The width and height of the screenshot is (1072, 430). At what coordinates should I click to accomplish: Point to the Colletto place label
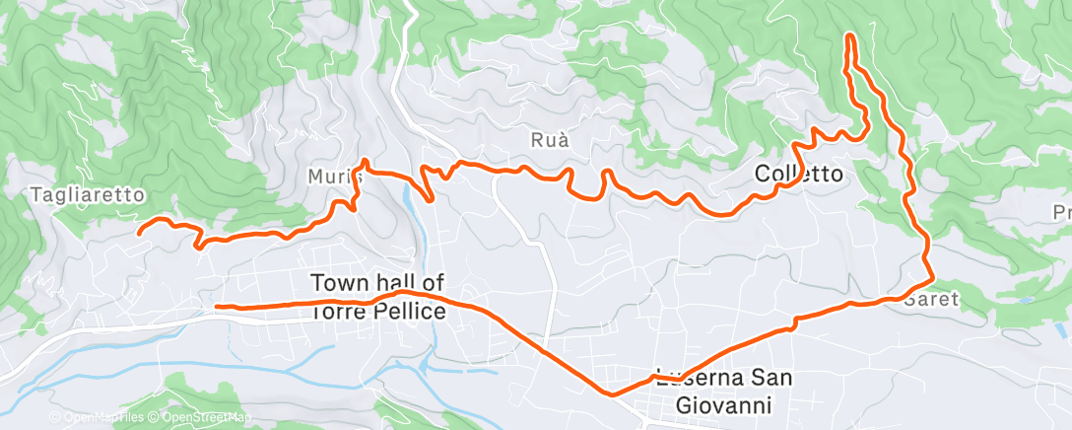799,174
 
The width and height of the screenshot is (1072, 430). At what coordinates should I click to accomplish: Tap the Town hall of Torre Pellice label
378,297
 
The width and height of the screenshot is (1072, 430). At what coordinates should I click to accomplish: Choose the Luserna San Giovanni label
727,391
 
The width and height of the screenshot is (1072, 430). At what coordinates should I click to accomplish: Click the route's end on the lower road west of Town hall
217,307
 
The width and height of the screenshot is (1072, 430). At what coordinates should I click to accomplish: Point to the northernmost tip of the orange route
849,36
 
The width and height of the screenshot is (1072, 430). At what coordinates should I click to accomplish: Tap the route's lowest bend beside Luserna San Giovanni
613,394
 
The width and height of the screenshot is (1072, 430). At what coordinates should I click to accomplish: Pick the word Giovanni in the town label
727,404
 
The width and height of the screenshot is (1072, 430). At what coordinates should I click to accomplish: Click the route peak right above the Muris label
365,161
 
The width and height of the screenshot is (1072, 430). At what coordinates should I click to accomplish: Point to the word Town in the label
336,282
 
